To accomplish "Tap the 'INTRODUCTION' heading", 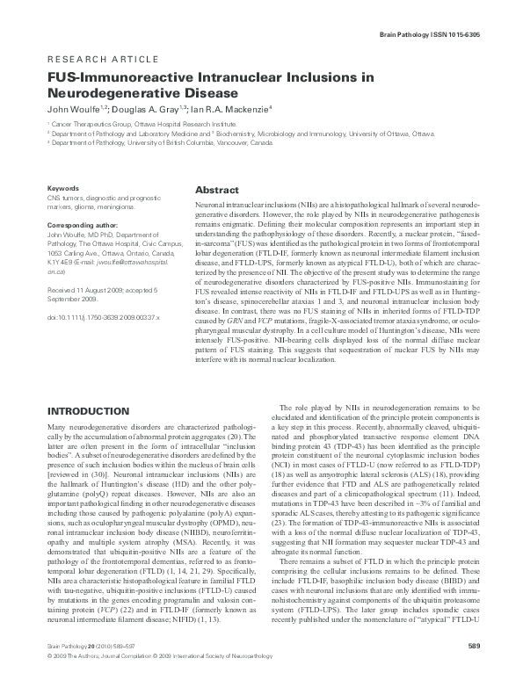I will point(86,411).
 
